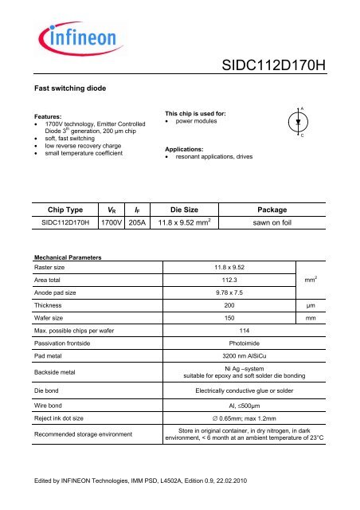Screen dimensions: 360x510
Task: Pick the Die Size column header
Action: pos(178,210)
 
